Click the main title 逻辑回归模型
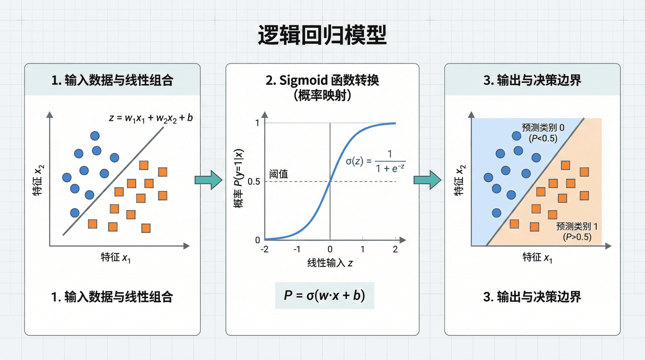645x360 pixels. [x=322, y=35]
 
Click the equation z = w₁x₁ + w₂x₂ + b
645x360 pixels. [x=151, y=118]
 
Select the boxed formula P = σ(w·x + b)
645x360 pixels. [x=325, y=296]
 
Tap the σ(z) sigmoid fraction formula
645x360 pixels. [x=375, y=162]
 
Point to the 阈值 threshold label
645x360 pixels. [x=278, y=174]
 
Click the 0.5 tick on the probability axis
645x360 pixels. [x=254, y=182]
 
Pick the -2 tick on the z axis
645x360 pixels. [x=265, y=249]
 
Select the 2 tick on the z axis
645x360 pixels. [x=395, y=249]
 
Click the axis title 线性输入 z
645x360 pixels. [x=330, y=263]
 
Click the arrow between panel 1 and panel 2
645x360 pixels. [x=208, y=180]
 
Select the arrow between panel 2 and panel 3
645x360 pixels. [x=427, y=180]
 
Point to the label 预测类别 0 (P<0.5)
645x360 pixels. [x=543, y=133]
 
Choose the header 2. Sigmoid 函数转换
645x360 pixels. [x=322, y=80]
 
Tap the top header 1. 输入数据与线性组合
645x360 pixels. [x=112, y=80]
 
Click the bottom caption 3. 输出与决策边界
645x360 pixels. [x=532, y=297]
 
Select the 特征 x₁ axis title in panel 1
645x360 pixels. [x=116, y=258]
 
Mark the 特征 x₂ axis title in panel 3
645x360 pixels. [x=459, y=180]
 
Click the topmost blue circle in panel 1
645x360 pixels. [x=95, y=136]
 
